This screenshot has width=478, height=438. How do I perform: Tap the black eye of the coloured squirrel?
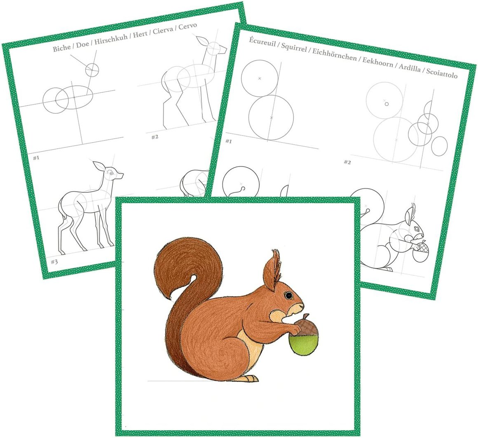point(288,295)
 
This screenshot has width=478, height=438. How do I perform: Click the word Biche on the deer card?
point(61,48)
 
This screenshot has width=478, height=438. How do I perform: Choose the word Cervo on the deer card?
point(188,26)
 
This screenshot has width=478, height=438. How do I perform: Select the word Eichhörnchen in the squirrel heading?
point(335,54)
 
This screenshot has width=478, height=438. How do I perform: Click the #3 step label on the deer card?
point(54,262)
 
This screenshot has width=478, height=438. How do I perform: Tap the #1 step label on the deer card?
point(36,158)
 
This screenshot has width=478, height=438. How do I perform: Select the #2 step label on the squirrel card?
point(347,162)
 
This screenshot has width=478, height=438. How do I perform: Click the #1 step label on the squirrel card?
point(228,141)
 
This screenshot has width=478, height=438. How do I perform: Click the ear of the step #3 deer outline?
point(99,166)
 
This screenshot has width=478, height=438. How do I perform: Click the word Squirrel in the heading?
point(294,47)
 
